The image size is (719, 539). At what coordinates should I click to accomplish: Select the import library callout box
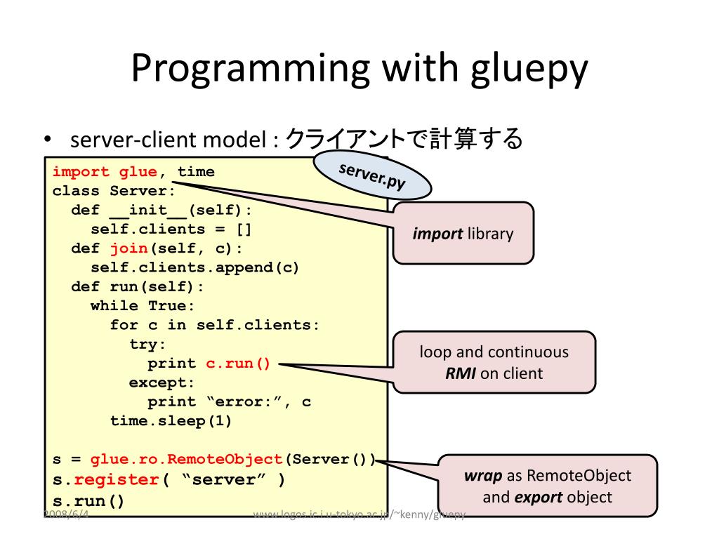pyautogui.click(x=463, y=233)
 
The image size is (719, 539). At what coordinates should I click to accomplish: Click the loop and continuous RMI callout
pyautogui.click(x=494, y=362)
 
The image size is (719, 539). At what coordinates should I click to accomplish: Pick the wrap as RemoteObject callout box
pyautogui.click(x=547, y=486)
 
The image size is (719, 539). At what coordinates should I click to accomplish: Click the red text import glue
pyautogui.click(x=105, y=172)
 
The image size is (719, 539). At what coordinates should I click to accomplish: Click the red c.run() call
pyautogui.click(x=237, y=364)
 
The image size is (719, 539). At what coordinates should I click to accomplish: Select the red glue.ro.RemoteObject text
pyautogui.click(x=186, y=460)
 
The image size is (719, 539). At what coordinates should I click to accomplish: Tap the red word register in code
pyautogui.click(x=117, y=480)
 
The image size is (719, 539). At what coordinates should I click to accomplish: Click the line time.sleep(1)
pyautogui.click(x=171, y=421)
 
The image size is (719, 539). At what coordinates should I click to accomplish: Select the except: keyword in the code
pyautogui.click(x=161, y=382)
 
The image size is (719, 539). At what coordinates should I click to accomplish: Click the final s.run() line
pyautogui.click(x=88, y=502)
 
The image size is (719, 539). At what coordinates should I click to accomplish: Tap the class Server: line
pyautogui.click(x=113, y=191)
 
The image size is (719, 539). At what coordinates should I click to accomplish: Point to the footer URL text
pyautogui.click(x=359, y=515)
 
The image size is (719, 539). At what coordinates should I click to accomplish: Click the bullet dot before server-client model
pyautogui.click(x=48, y=139)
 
